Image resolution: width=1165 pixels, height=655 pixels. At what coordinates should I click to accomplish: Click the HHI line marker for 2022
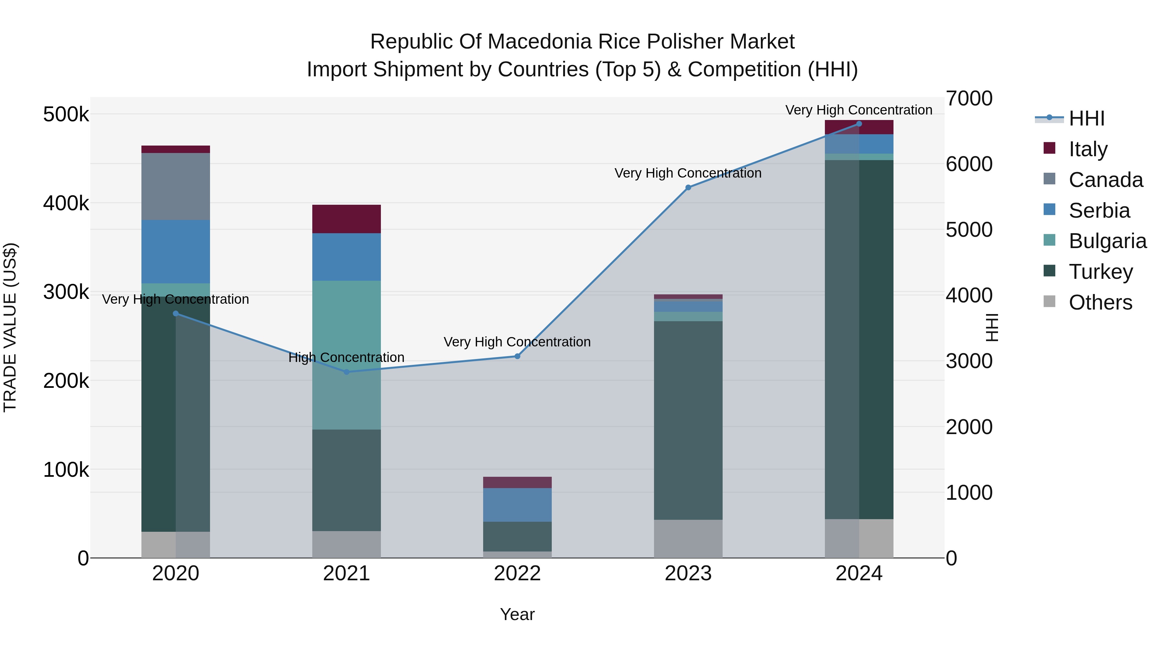click(x=517, y=356)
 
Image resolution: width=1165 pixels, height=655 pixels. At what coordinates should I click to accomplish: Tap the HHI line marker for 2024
click(x=859, y=124)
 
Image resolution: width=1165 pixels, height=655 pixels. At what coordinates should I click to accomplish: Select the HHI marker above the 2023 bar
click(x=688, y=188)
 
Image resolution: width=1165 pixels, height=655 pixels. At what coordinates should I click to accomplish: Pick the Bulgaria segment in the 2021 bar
click(x=346, y=355)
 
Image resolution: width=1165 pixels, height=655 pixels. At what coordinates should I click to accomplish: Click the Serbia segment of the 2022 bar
click(x=517, y=505)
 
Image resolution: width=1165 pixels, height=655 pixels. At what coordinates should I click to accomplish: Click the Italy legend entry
click(x=1087, y=149)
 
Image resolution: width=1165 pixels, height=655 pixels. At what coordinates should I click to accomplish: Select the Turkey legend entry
click(x=1100, y=272)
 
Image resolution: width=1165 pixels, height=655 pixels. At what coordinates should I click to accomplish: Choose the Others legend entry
click(x=1100, y=302)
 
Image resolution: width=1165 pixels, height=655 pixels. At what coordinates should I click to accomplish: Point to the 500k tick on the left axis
click(x=66, y=115)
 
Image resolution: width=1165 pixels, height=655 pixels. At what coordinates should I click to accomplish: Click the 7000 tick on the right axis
click(x=969, y=99)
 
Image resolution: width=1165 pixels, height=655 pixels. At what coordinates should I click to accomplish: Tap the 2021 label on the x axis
click(x=346, y=573)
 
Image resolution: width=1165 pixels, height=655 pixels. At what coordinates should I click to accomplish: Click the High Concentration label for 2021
click(x=346, y=357)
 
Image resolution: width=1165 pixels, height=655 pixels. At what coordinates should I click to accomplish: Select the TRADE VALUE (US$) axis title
click(x=10, y=327)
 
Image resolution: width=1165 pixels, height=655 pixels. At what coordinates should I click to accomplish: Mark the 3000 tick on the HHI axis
click(x=969, y=361)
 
